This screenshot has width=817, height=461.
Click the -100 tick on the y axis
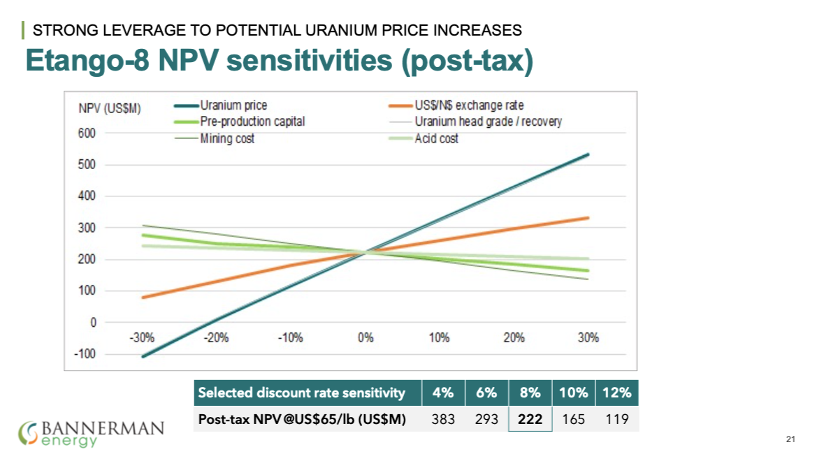point(86,354)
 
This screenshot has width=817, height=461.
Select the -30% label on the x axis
point(142,337)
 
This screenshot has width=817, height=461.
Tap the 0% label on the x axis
point(366,337)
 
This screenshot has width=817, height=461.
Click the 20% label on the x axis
point(514,337)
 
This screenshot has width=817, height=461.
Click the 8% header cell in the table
point(530,393)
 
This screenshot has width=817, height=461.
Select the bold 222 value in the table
point(530,419)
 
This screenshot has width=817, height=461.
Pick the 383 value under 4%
point(443,419)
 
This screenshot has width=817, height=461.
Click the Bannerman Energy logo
point(92,432)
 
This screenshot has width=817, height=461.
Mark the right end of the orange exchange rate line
point(588,218)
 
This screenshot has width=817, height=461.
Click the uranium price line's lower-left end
point(143,356)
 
